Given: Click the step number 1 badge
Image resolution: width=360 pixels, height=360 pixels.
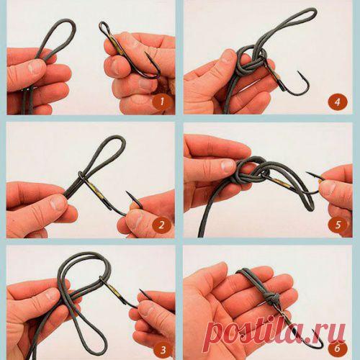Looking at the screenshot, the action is point(162,102).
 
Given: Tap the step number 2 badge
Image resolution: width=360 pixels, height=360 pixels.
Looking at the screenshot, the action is point(161,225).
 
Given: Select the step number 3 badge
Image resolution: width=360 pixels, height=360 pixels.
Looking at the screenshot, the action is point(163,350).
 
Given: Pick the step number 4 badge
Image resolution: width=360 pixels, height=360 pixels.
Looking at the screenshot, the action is point(338,102).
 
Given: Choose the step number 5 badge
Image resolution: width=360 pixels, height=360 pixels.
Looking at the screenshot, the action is point(338,225).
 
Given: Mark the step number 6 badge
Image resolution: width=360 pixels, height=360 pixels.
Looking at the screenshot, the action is point(338,348).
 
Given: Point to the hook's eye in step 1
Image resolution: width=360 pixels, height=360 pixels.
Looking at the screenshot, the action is point(104,27).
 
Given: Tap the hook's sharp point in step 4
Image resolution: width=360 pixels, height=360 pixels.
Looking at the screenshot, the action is point(298,71).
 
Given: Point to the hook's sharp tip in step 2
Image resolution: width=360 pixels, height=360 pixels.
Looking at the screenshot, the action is point(127,192).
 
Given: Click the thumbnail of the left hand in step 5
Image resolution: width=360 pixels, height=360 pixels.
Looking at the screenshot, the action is point(228,166).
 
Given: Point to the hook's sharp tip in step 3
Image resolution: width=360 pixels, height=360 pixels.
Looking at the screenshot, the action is point(140,290).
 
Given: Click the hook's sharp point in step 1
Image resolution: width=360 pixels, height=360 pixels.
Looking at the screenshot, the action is point(145,53).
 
